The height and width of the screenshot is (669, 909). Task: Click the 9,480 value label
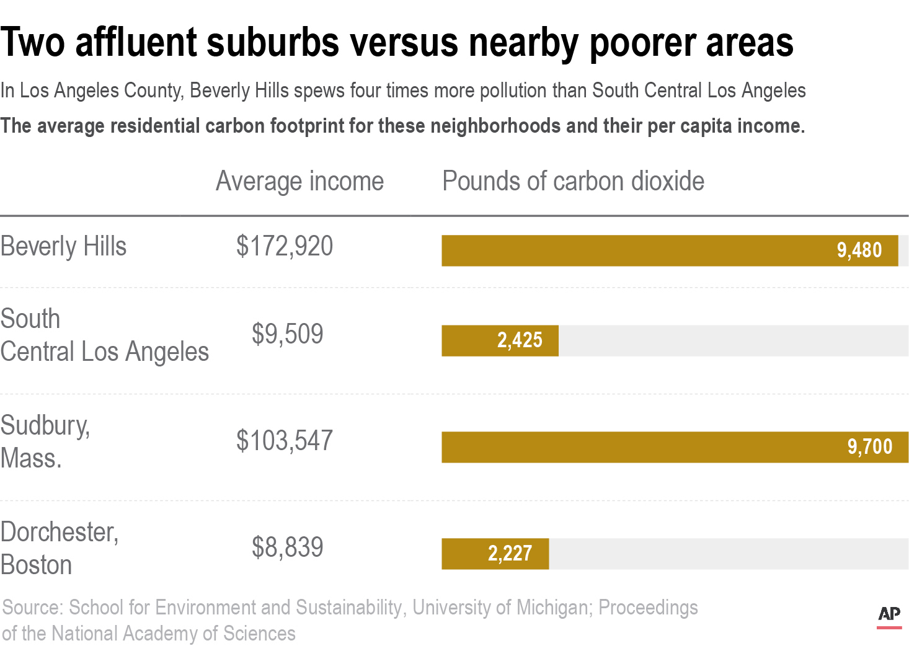[x=859, y=250]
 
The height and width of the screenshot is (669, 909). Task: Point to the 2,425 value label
[x=520, y=340]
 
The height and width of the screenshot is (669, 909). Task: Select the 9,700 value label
[x=869, y=447]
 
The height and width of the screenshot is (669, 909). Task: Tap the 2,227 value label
[x=510, y=554]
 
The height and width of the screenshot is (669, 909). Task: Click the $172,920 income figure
[x=285, y=247]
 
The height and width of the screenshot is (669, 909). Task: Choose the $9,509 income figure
[x=287, y=334]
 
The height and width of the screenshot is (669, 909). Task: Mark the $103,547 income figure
[x=285, y=441]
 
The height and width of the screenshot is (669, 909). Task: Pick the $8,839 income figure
[x=287, y=547]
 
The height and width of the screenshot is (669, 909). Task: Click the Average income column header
[x=299, y=182]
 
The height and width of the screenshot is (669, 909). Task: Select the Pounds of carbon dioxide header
[x=573, y=182]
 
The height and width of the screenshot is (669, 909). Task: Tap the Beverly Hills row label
[x=63, y=247]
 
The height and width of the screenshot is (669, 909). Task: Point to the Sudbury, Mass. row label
[x=45, y=441]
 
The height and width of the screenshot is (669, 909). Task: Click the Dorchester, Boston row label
[x=59, y=548]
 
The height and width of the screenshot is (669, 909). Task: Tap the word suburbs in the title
[x=273, y=43]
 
